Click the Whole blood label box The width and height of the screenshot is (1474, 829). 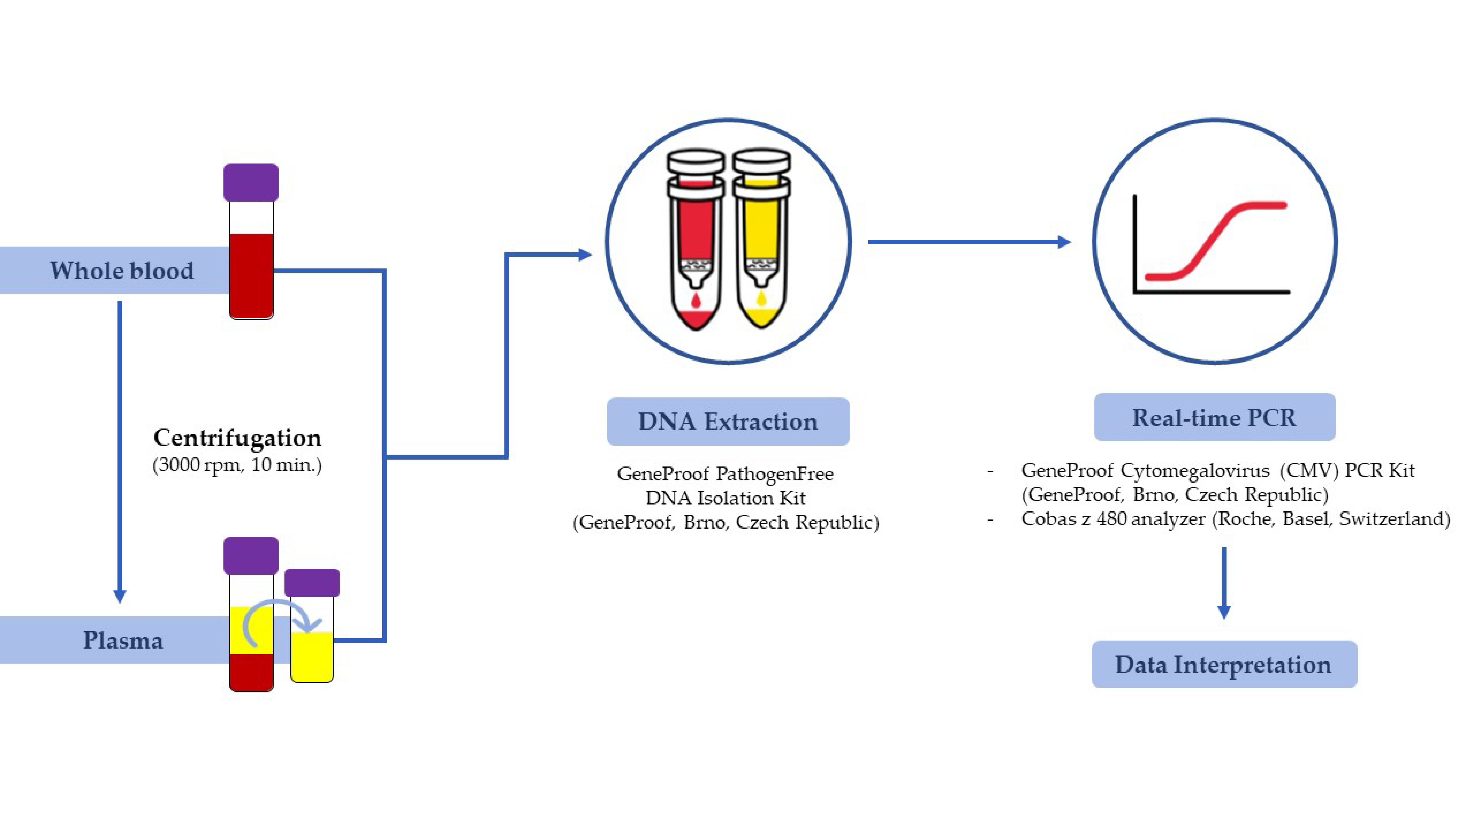(x=121, y=270)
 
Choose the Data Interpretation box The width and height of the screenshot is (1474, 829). (x=1223, y=664)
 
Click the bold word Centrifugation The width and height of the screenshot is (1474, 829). (x=237, y=438)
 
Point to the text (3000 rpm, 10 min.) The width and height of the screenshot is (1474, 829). (x=237, y=465)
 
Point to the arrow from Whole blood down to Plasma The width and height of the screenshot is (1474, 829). (x=120, y=452)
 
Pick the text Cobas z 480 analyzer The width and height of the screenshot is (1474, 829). (x=1113, y=519)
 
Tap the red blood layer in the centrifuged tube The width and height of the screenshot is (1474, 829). (x=251, y=672)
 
